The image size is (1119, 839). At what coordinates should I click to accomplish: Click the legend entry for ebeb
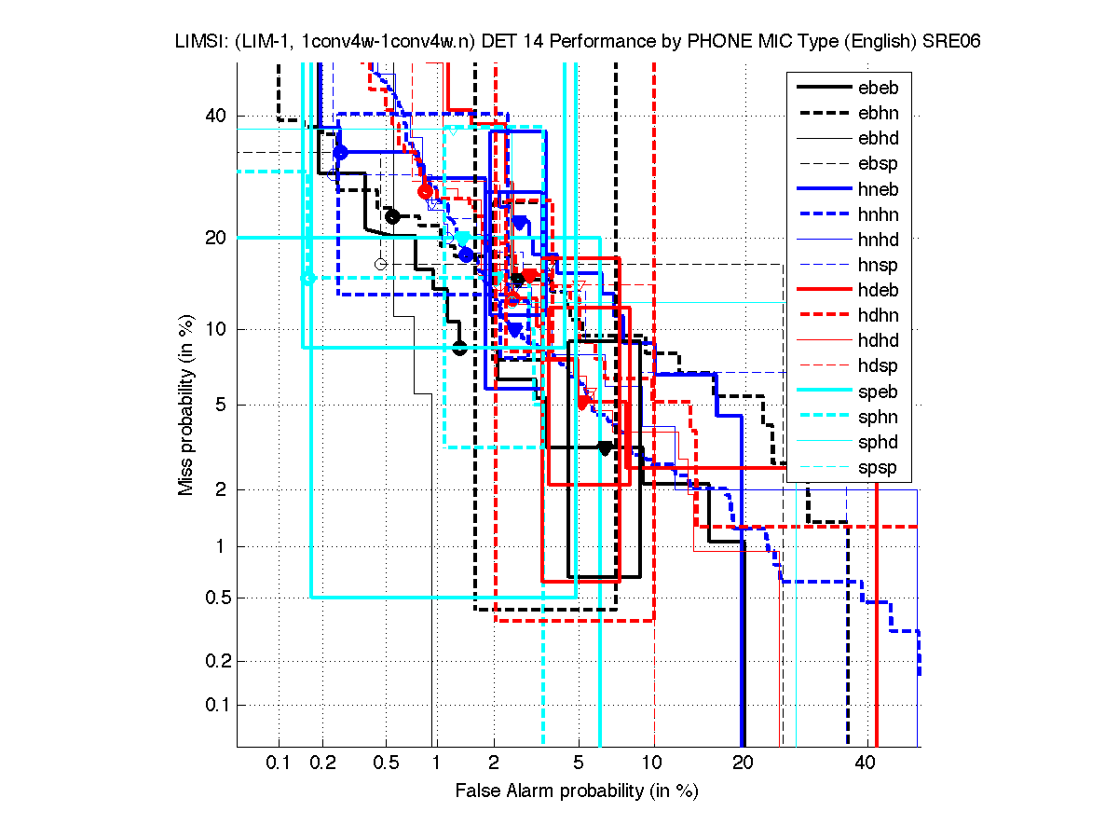878,89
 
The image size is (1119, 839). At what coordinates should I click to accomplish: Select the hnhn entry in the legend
878,214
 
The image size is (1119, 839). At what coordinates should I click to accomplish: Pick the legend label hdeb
878,290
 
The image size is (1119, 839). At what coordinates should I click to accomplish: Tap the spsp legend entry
878,467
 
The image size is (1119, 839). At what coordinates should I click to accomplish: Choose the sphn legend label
878,417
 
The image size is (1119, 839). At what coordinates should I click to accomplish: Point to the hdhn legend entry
878,315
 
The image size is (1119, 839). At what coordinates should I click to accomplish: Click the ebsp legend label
878,164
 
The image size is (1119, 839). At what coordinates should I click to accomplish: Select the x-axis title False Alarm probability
577,791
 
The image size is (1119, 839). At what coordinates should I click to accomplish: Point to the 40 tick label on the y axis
217,116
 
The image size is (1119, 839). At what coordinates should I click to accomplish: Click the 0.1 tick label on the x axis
279,763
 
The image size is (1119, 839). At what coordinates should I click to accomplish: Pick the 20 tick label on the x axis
743,763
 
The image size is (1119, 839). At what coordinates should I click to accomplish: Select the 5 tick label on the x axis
578,763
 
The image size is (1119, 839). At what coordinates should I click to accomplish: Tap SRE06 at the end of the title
956,42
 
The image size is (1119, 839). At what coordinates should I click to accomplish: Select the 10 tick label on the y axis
217,329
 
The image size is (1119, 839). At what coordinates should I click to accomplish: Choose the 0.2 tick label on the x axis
323,763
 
